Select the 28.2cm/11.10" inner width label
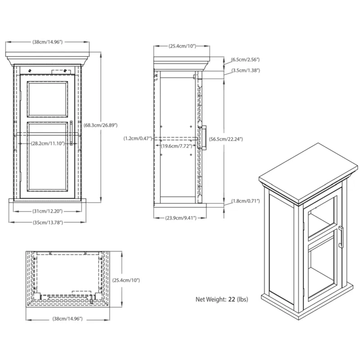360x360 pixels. pos(48,144)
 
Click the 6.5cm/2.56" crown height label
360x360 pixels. pos(245,59)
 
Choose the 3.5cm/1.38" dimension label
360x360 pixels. pos(245,71)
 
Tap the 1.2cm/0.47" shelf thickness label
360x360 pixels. pos(139,139)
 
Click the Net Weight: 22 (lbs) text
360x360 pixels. pos(221,299)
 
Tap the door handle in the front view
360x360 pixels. pos(71,133)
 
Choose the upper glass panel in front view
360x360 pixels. pos(47,98)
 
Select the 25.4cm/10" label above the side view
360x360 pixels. pos(182,46)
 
